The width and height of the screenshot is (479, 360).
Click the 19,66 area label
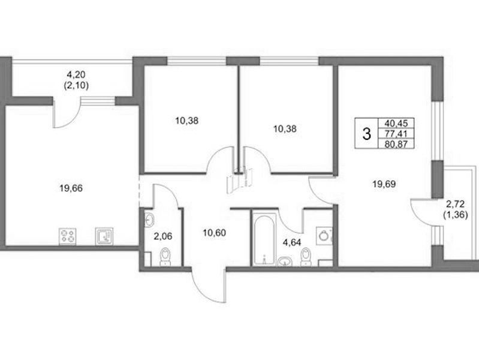pos(71,188)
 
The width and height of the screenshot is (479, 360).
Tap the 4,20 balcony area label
pos(76,74)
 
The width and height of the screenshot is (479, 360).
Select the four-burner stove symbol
pos(67,236)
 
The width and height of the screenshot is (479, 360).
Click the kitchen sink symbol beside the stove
pos(104,236)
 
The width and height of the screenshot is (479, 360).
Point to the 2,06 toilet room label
pos(163,236)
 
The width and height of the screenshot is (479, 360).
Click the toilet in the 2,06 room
pos(165,257)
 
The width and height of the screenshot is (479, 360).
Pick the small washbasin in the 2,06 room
pos(149,219)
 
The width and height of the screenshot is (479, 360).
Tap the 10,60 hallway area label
pos(214,233)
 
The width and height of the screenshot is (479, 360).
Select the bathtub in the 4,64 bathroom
pos(264,239)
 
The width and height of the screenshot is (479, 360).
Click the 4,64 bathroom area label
pos(292,242)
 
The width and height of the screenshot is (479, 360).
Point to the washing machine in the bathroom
pos(324,236)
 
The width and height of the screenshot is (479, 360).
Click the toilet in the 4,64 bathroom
pos(306,257)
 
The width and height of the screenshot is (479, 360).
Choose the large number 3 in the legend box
pos(366,134)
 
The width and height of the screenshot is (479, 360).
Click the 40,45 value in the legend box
pos(396,123)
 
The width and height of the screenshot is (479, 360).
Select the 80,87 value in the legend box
pos(396,144)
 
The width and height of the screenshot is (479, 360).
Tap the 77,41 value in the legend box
pos(396,134)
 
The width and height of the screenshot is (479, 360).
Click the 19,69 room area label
pos(384,184)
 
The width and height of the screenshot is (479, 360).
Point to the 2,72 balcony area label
pos(456,204)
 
